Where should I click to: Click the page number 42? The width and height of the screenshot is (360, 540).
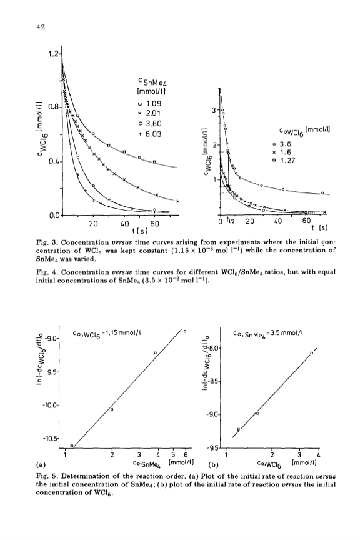[x=40, y=27]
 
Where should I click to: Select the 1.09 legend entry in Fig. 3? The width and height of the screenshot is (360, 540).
[x=150, y=103]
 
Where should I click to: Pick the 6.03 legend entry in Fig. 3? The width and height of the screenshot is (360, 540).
[x=150, y=134]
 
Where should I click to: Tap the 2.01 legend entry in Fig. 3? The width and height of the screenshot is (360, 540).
[x=150, y=113]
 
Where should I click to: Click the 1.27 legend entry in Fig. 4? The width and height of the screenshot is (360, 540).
[x=284, y=160]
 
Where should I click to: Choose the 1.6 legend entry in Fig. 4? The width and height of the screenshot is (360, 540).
[x=282, y=152]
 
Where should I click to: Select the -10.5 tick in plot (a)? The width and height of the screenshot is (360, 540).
[x=51, y=439]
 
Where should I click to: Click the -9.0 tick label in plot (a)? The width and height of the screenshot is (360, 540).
[x=52, y=339]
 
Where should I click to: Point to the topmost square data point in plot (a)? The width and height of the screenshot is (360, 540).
[x=185, y=331]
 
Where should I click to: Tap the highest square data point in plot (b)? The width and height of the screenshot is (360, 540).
[x=312, y=353]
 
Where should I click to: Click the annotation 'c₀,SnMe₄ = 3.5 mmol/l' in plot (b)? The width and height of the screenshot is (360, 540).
[x=267, y=333]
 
